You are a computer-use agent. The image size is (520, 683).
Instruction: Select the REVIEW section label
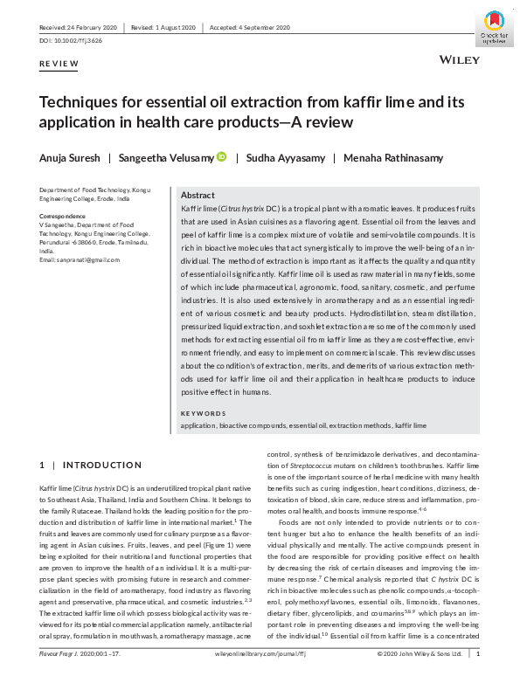[x=59, y=64]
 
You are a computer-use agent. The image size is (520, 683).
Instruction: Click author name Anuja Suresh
[x=68, y=158]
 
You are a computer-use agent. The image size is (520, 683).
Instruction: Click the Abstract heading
[x=198, y=196]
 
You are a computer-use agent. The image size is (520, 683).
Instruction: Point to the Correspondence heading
[x=62, y=216]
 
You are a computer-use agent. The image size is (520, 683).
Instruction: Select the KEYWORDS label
[x=202, y=413]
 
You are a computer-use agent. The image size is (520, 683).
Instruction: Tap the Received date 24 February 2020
[x=78, y=27]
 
